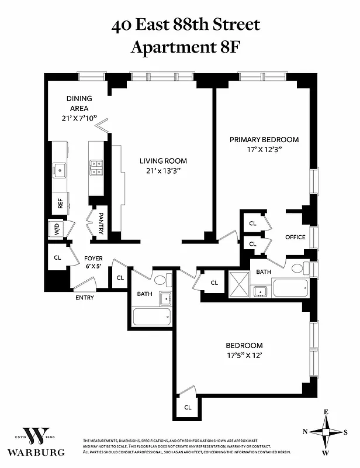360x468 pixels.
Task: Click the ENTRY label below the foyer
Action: pyautogui.click(x=84, y=298)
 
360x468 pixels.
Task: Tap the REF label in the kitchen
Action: pyautogui.click(x=60, y=204)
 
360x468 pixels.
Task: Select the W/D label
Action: pyautogui.click(x=57, y=230)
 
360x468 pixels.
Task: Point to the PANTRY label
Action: pyautogui.click(x=101, y=223)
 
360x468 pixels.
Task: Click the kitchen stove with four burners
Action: pyautogui.click(x=96, y=168)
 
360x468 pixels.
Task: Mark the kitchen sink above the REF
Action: pyautogui.click(x=59, y=170)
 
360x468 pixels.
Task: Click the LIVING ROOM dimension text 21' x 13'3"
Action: pyautogui.click(x=163, y=171)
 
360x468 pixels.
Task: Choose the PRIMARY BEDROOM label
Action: pyautogui.click(x=264, y=140)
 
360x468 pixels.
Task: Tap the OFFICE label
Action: pyautogui.click(x=295, y=237)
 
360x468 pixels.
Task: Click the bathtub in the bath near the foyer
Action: pyautogui.click(x=152, y=316)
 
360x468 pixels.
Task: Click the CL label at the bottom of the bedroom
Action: pyautogui.click(x=188, y=407)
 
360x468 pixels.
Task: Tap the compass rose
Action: pyautogui.click(x=326, y=432)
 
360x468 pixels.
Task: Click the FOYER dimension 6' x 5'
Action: pyautogui.click(x=94, y=266)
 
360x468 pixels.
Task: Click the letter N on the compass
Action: pyautogui.click(x=305, y=432)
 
